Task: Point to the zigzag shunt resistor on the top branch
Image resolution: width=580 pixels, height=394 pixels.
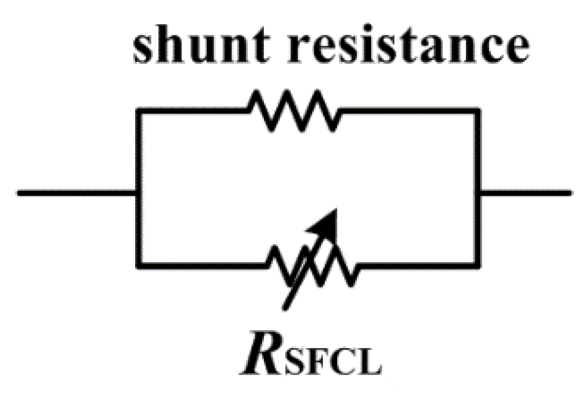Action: coord(294,110)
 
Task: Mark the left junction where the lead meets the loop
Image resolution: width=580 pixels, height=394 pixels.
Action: coord(138,193)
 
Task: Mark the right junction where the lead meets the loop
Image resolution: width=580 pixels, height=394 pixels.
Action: coord(479,193)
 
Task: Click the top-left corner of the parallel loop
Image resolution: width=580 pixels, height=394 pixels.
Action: coord(138,110)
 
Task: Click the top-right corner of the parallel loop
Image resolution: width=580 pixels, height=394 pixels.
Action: coord(479,110)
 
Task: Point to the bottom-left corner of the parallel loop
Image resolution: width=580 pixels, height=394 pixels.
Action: coord(138,266)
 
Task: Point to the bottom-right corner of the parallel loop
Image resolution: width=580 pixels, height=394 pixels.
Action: coord(479,266)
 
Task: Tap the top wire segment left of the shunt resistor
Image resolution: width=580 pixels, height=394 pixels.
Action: coord(192,110)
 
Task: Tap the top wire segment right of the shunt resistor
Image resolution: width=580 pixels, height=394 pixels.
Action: coord(409,110)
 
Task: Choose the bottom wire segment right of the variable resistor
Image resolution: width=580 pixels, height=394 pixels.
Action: coord(418,266)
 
